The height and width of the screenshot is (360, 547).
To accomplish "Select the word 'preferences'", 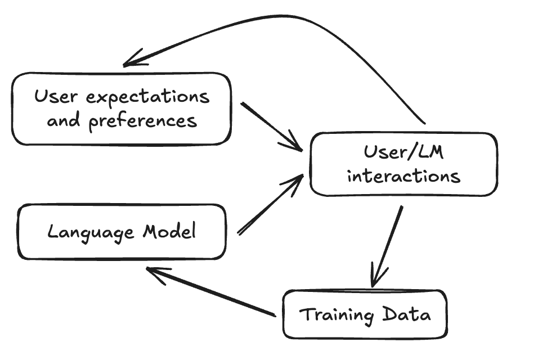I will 144,121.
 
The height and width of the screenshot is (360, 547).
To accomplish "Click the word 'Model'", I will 169,231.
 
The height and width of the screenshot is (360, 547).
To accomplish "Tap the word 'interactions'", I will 403,175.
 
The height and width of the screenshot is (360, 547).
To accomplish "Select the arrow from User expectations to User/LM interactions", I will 270,125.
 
